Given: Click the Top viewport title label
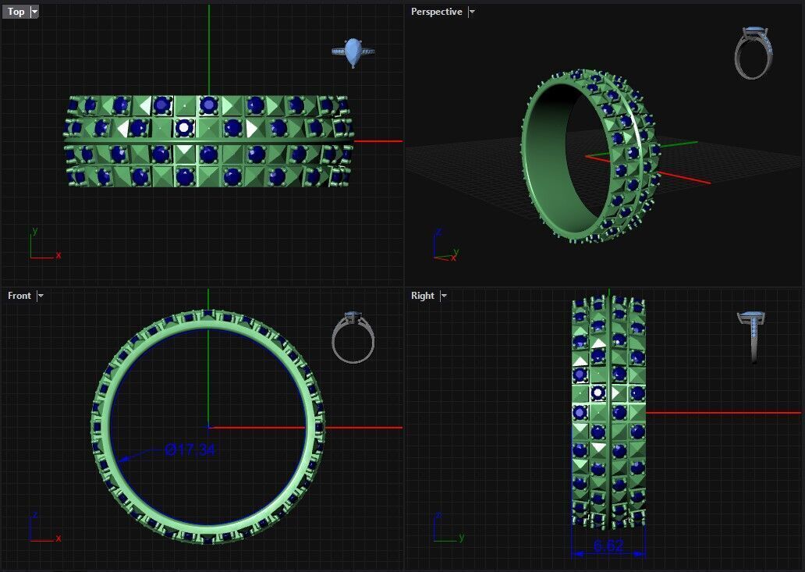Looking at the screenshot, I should pyautogui.click(x=16, y=12).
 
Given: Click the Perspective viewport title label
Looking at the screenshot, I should pyautogui.click(x=436, y=12).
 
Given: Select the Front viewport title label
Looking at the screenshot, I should pyautogui.click(x=20, y=296).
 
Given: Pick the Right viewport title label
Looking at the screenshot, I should pyautogui.click(x=422, y=296).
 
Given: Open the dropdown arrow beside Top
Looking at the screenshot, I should pyautogui.click(x=34, y=12).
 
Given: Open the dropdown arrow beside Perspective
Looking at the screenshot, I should pyautogui.click(x=472, y=12).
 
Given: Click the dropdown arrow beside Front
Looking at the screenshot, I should pyautogui.click(x=41, y=296).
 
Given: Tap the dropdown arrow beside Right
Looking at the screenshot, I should pyautogui.click(x=444, y=296).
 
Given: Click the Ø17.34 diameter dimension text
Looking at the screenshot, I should pyautogui.click(x=190, y=449).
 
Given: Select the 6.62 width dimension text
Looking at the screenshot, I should pyautogui.click(x=608, y=545).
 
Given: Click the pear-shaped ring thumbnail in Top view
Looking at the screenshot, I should pyautogui.click(x=353, y=52).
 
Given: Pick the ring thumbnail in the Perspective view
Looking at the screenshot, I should pyautogui.click(x=753, y=53).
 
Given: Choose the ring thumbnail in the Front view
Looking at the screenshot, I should pyautogui.click(x=353, y=337).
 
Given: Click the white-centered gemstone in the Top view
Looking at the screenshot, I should pyautogui.click(x=184, y=127).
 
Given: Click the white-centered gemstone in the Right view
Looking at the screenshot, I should pyautogui.click(x=598, y=393).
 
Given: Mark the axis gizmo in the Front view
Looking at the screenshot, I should pyautogui.click(x=41, y=528).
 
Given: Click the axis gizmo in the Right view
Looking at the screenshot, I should pyautogui.click(x=444, y=528).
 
